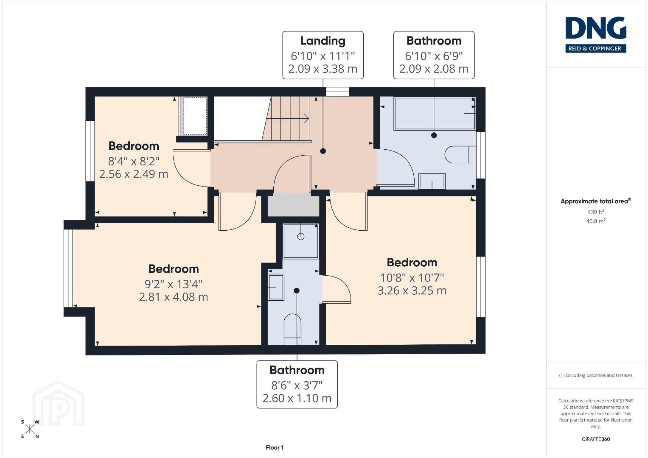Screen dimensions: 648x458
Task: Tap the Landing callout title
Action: tap(323, 41)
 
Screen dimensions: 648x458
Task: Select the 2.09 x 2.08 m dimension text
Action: tap(434, 69)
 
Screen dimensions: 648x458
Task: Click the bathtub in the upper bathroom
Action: tap(435, 113)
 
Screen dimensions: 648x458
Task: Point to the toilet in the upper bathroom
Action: tap(460, 154)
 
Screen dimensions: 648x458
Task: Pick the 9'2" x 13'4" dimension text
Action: tap(173, 284)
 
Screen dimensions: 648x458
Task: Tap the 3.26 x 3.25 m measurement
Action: tap(412, 290)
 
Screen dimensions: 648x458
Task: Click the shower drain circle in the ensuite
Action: tap(301, 237)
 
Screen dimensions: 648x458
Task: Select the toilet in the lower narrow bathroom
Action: tap(292, 330)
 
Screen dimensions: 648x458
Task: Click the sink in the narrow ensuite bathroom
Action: tap(276, 287)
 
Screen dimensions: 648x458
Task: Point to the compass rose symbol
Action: tap(30, 429)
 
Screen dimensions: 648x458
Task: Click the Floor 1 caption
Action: tap(275, 447)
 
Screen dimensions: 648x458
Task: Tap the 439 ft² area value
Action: tap(596, 212)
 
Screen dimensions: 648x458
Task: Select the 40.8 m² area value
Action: tap(596, 221)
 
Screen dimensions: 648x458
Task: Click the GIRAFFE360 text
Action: tap(596, 439)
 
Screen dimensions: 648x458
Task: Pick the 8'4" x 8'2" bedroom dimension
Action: tap(134, 161)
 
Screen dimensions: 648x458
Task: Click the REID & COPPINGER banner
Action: tap(596, 48)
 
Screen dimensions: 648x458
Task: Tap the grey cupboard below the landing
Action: tap(293, 206)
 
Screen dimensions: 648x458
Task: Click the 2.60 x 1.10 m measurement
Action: tap(297, 398)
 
